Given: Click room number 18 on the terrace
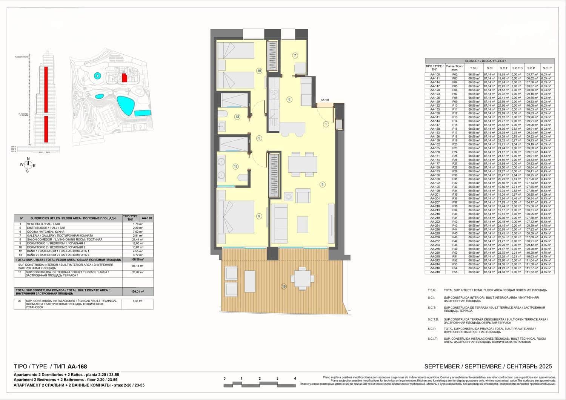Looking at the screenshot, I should coord(284,287).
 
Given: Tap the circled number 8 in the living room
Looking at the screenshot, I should coord(322,184).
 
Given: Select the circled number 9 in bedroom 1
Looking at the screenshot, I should coord(259,216).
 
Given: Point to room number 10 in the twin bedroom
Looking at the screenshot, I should coord(259,70).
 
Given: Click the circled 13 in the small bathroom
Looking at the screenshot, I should coord(237,117).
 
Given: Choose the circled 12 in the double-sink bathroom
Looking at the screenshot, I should coord(235,166).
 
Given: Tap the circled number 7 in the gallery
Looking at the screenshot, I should coord(295,55).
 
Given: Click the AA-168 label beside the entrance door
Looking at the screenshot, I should coord(325,100).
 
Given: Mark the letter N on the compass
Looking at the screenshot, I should coord(27,159).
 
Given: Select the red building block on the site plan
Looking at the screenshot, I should coord(124,78).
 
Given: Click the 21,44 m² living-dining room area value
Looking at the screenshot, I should coord(138,240).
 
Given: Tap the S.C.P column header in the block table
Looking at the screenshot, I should coord(531,68).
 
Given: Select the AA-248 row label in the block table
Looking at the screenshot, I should coord(435,272).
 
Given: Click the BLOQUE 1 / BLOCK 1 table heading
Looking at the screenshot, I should coord(486,61).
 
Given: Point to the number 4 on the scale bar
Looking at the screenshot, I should coord(295,379).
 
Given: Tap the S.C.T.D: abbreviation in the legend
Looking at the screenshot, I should coord(433,319).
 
